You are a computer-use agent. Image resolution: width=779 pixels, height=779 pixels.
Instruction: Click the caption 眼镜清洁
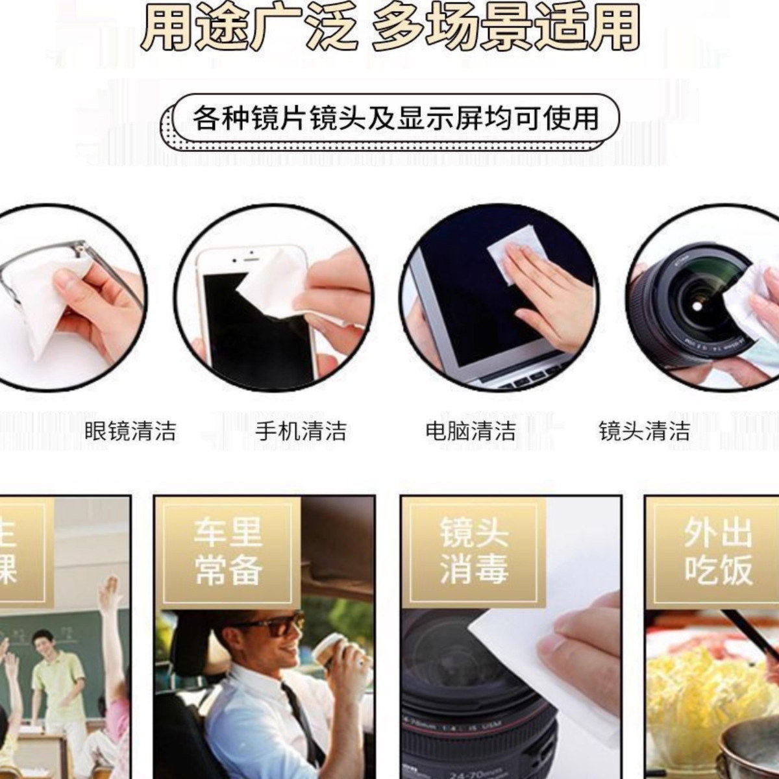(130, 431)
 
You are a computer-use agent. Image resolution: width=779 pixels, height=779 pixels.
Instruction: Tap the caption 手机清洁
(300, 431)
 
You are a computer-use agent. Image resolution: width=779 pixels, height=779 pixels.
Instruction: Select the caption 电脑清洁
(471, 431)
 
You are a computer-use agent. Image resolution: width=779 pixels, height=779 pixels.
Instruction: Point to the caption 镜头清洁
(644, 431)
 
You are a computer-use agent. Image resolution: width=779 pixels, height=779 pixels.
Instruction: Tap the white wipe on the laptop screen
(513, 253)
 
